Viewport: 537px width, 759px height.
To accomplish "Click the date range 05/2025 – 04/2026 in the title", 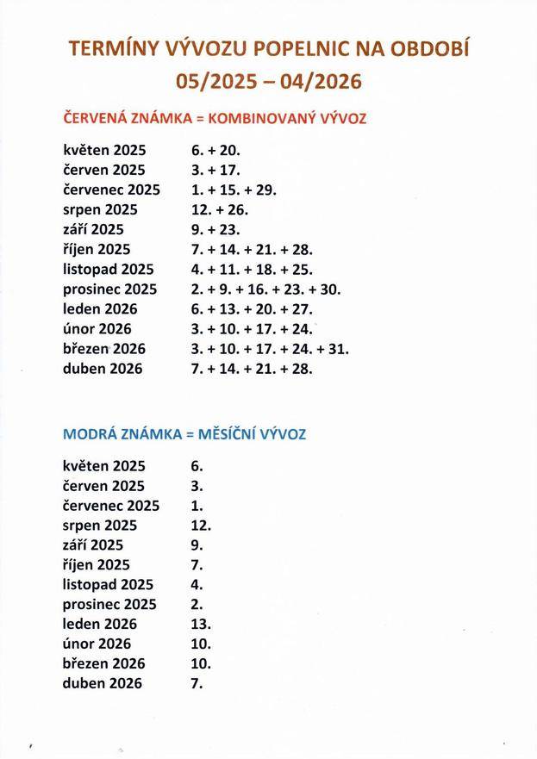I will (x=268, y=82).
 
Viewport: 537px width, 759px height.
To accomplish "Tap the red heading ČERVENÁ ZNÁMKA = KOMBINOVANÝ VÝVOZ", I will (x=215, y=118).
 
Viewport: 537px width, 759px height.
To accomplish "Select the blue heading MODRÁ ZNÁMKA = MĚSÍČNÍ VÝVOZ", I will (x=184, y=435).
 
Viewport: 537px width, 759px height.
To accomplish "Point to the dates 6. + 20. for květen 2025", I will (x=215, y=150).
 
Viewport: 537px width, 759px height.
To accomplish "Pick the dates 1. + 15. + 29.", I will (x=234, y=190).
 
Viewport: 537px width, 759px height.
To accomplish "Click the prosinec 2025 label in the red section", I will (x=110, y=289).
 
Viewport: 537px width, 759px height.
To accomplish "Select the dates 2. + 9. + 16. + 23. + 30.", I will (x=266, y=289).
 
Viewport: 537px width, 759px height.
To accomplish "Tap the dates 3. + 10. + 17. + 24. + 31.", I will (x=270, y=349).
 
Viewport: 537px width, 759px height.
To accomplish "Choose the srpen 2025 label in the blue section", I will (x=100, y=525).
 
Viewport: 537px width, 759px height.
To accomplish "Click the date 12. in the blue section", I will (x=201, y=525).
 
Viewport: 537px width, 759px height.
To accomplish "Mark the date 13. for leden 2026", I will (x=201, y=624).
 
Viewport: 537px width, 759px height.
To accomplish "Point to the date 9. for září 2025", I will (x=197, y=544).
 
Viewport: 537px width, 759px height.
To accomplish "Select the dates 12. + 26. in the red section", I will (x=220, y=209).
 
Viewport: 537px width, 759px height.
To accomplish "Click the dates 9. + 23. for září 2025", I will (x=215, y=229).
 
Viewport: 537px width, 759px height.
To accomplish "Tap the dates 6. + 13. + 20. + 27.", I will (x=252, y=309).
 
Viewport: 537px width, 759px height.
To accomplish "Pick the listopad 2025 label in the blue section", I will (x=109, y=584).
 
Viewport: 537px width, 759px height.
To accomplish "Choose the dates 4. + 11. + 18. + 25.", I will (x=252, y=270).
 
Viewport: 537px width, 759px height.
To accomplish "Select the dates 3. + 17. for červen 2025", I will (x=215, y=170).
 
